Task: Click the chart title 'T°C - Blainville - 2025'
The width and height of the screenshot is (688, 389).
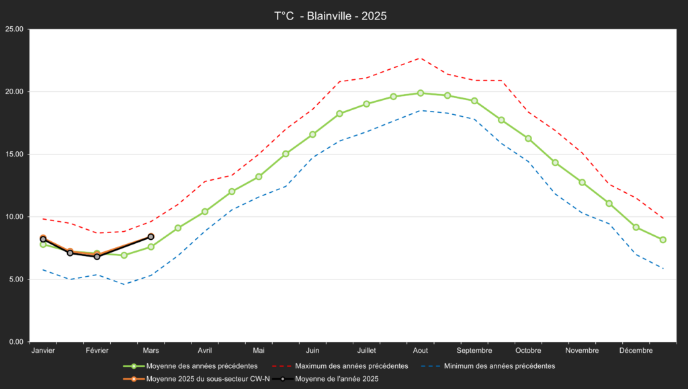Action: (x=331, y=15)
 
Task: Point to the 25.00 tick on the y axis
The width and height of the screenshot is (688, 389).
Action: (x=14, y=29)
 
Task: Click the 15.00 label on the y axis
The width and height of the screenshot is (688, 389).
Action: (x=14, y=155)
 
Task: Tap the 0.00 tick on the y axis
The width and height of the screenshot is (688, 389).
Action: (x=16, y=342)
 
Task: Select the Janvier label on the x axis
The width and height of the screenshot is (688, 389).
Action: (x=43, y=351)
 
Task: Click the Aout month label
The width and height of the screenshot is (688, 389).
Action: (x=421, y=351)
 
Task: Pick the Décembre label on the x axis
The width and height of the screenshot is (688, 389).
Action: (x=636, y=351)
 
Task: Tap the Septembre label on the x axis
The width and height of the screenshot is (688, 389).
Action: (x=474, y=351)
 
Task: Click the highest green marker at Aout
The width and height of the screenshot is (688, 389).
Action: (x=421, y=93)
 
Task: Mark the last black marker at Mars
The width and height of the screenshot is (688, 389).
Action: (x=151, y=236)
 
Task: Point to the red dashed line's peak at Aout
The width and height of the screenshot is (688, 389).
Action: (x=421, y=58)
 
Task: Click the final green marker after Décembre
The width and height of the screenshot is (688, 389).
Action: (x=663, y=240)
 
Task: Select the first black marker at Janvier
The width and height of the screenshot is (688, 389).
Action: (x=43, y=239)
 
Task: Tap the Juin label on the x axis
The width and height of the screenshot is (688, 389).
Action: (x=312, y=351)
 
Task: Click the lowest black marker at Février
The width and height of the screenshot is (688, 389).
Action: (x=97, y=257)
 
